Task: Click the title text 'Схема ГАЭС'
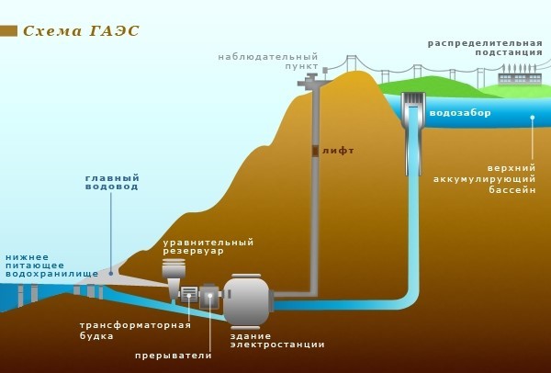pyautogui.click(x=81, y=30)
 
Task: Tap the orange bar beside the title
pyautogui.click(x=8, y=30)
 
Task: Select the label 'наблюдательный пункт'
pyautogui.click(x=267, y=62)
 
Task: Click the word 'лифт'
pyautogui.click(x=338, y=150)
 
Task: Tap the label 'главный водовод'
pyautogui.click(x=111, y=182)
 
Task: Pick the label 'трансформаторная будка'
pyautogui.click(x=135, y=330)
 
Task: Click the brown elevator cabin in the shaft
pyautogui.click(x=314, y=150)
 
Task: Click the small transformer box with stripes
pyautogui.click(x=189, y=294)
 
